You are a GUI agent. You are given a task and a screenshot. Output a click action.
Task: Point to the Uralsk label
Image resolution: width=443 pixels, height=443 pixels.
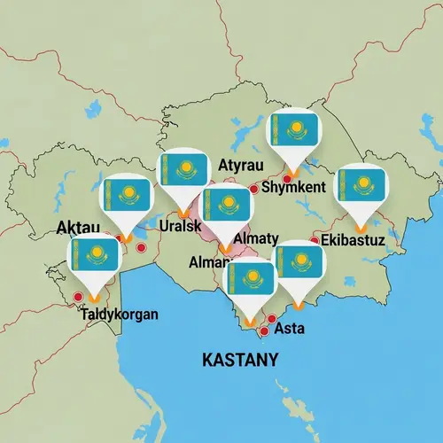pyautogui.click(x=185, y=225)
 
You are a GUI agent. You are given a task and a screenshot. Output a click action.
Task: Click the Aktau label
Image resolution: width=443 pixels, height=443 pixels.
pyautogui.click(x=77, y=228)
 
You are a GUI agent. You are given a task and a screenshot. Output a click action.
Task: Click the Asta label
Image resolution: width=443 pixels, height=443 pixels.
pyautogui.click(x=291, y=328)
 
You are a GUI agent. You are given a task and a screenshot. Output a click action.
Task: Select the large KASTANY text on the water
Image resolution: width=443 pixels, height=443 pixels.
pyautogui.click(x=240, y=360)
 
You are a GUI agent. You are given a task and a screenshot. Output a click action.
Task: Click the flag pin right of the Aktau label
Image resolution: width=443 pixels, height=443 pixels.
pyautogui.click(x=127, y=200)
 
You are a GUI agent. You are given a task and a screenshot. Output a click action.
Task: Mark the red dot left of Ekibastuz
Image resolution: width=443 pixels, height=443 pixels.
pyautogui.click(x=315, y=240)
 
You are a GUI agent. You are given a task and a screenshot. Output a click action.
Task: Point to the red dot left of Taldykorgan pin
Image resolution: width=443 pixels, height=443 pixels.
pyautogui.click(x=78, y=297)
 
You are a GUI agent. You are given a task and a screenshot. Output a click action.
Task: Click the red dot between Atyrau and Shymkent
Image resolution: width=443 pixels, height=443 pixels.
pyautogui.click(x=254, y=189)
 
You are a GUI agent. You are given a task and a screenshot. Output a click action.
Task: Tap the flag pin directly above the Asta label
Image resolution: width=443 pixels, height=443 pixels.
pyautogui.click(x=299, y=267)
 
